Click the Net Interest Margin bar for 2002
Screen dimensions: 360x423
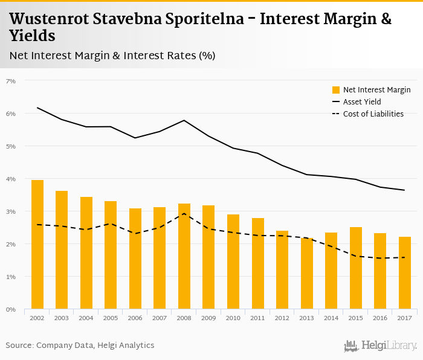coord(37,245)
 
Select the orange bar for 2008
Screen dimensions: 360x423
coord(184,256)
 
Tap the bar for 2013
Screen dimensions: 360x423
coord(307,274)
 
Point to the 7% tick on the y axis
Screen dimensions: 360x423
coord(10,81)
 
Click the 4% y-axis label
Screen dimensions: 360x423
coord(10,179)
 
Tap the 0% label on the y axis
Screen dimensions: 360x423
coord(10,309)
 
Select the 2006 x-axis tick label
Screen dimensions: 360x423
coord(135,318)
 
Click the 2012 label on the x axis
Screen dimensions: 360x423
coord(282,318)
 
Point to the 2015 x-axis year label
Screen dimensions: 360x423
coord(356,318)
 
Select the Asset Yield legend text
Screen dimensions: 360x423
coord(362,101)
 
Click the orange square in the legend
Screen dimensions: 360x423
coord(336,90)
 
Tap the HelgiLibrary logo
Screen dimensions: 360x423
coord(380,346)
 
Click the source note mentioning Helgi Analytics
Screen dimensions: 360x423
coord(80,345)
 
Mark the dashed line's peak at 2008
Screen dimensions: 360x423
coord(184,214)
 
